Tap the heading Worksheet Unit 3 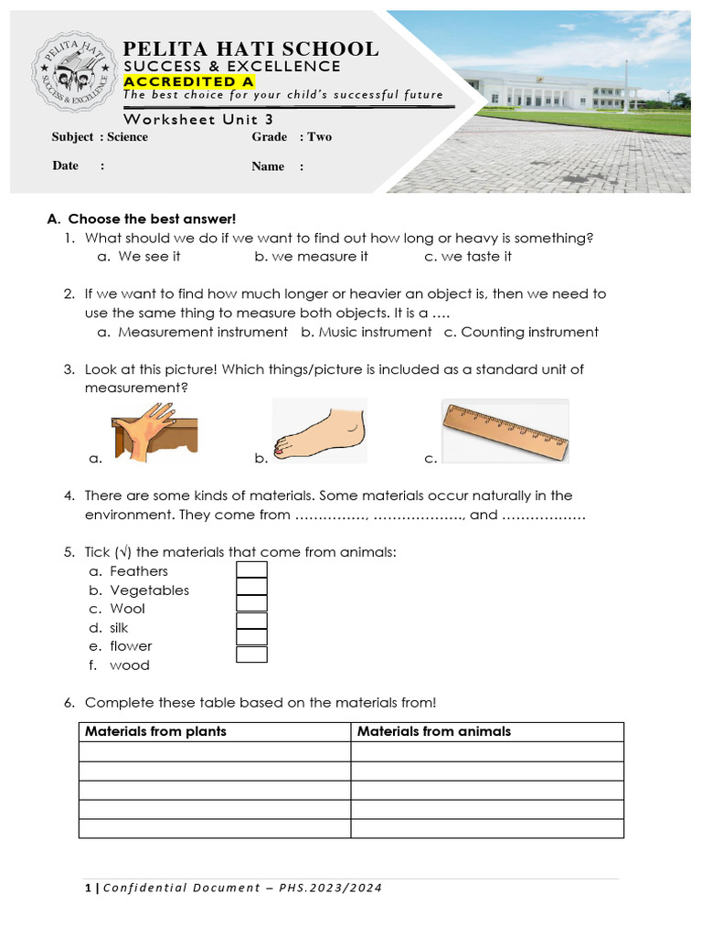click(198, 119)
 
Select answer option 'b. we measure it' click(311, 257)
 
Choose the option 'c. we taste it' click(468, 257)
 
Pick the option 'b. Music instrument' click(366, 332)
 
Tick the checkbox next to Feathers click(251, 570)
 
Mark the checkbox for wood click(251, 654)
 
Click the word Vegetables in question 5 click(149, 590)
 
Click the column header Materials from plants click(155, 731)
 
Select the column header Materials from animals click(434, 731)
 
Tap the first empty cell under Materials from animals click(486, 751)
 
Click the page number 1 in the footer click(87, 888)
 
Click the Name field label click(268, 166)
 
